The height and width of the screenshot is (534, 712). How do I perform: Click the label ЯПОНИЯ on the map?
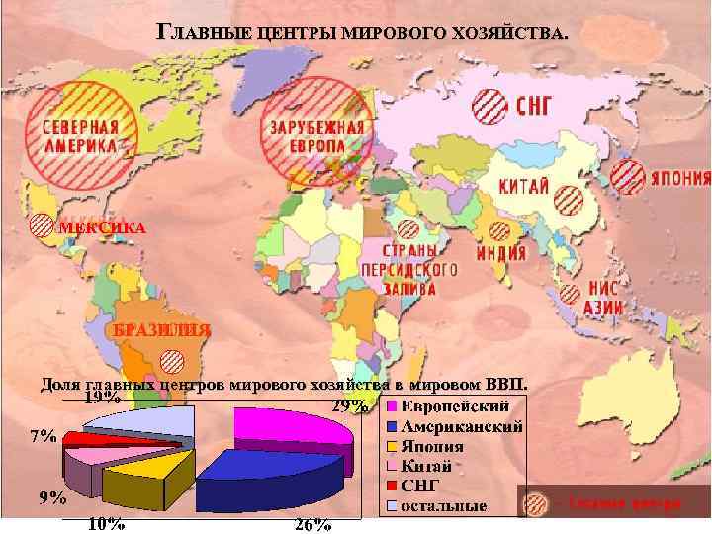point(679,179)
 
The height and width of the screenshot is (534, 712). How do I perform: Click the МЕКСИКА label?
point(102,228)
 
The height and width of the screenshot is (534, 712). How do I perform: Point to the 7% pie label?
point(43,436)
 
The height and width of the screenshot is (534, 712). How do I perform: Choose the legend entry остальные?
point(444,506)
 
